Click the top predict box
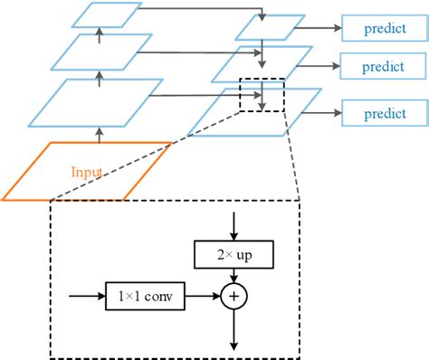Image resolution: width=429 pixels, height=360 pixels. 379,28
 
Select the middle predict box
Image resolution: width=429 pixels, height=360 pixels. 383,67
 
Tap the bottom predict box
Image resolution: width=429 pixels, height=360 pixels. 383,113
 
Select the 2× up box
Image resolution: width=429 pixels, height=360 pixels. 234,256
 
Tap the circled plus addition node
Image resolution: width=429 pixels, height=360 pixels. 234,294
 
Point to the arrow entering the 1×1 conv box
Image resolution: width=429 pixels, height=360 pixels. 89,294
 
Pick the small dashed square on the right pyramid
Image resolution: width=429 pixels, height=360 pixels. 261,95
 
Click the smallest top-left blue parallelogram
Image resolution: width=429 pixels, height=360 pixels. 106,14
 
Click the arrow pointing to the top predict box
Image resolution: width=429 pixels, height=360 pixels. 321,28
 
